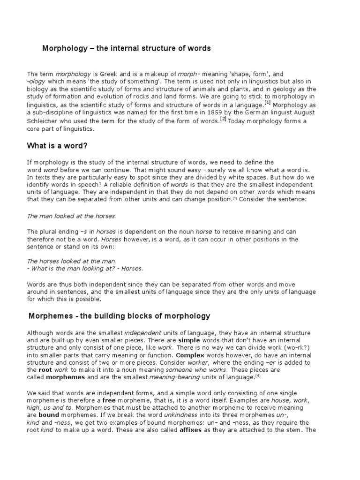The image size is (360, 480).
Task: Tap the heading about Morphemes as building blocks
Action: pyautogui.click(x=120, y=316)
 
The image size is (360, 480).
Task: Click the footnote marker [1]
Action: pyautogui.click(x=268, y=103)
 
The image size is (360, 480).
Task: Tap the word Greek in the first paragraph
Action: pyautogui.click(x=103, y=74)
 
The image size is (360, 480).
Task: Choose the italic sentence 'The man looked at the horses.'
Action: pyautogui.click(x=71, y=216)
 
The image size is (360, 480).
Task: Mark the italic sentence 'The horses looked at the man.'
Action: pyautogui.click(x=71, y=261)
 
